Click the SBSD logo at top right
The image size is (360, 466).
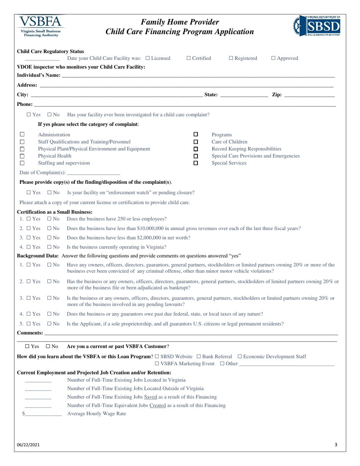317,26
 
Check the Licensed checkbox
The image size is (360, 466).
148,58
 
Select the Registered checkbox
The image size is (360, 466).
231,58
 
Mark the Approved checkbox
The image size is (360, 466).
274,58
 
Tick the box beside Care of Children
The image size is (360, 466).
196,142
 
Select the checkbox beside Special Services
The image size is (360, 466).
196,163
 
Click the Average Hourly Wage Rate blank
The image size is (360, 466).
43,414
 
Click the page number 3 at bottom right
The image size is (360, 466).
336,445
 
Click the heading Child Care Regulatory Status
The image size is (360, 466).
51,52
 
